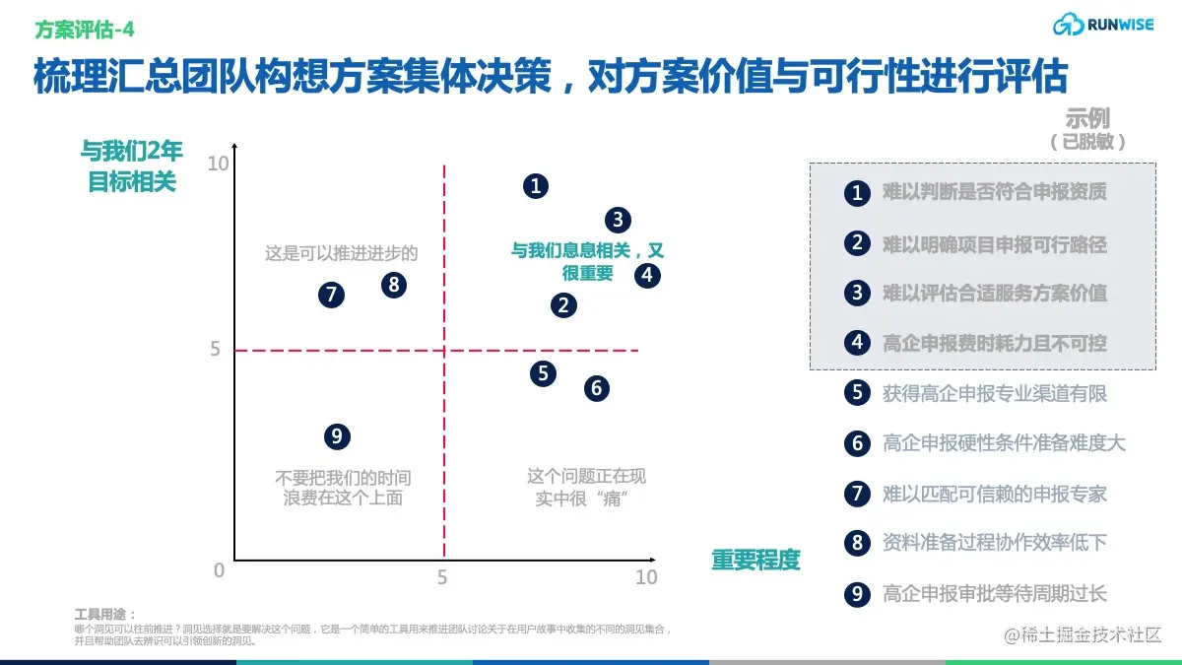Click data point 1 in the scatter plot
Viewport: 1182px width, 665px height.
[x=535, y=185]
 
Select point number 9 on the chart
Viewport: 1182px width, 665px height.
[x=337, y=436]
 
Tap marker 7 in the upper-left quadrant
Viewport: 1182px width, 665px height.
[x=332, y=294]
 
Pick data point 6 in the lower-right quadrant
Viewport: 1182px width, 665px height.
[x=596, y=388]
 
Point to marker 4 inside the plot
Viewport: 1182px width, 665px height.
[x=647, y=275]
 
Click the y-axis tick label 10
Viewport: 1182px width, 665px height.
[x=218, y=163]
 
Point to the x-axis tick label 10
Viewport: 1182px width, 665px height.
[x=645, y=577]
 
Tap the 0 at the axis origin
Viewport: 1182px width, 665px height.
[x=219, y=570]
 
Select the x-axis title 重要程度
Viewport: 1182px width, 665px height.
[x=755, y=561]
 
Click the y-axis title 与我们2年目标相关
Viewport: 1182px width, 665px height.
[x=132, y=166]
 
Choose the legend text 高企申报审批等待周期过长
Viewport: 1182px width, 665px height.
[x=995, y=593]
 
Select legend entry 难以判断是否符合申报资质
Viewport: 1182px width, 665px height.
[x=995, y=192]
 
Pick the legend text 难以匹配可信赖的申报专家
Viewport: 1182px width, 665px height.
[x=995, y=494]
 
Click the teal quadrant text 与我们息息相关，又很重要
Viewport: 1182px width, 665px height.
[x=587, y=262]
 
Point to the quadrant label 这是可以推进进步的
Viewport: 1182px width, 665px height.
[x=342, y=253]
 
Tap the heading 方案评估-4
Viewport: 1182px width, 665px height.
[x=85, y=30]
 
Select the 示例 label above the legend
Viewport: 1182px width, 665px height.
[x=1087, y=120]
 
